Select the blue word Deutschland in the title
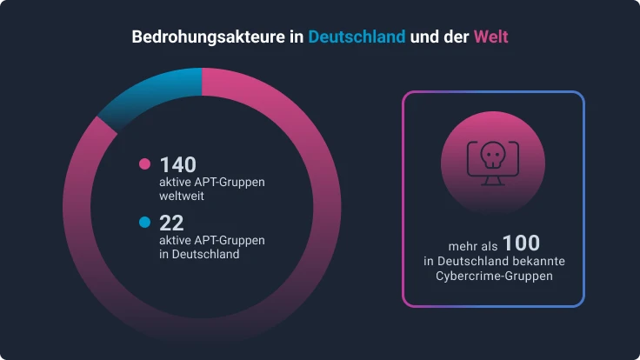pos(357,38)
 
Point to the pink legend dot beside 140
pos(145,164)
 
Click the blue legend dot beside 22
pos(145,222)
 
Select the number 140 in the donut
pos(178,164)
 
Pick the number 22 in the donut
pos(171,222)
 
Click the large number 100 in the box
pos(521,243)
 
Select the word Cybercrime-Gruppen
pos(494,276)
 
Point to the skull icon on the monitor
pos(492,155)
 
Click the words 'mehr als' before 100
pos(472,246)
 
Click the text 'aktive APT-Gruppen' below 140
pos(211,183)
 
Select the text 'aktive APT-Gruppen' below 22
pos(211,240)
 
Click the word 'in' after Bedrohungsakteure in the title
pos(297,38)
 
